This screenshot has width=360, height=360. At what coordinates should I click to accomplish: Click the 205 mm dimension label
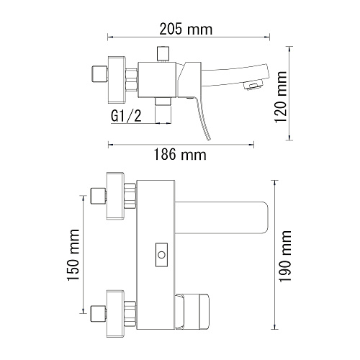[186, 30]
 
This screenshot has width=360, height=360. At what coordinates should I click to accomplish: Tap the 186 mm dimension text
[180, 155]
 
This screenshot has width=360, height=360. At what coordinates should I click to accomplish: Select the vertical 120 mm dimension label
[281, 97]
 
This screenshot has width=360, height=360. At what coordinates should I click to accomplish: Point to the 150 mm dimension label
[73, 255]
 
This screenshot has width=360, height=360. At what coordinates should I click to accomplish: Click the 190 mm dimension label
[285, 256]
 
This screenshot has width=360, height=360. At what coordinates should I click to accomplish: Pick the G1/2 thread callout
[126, 117]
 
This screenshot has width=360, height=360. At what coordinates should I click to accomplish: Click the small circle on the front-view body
[161, 255]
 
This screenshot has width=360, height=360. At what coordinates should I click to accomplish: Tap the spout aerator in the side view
[254, 86]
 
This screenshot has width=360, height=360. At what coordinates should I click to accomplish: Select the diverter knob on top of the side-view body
[163, 54]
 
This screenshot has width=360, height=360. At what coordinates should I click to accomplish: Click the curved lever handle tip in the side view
[210, 138]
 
